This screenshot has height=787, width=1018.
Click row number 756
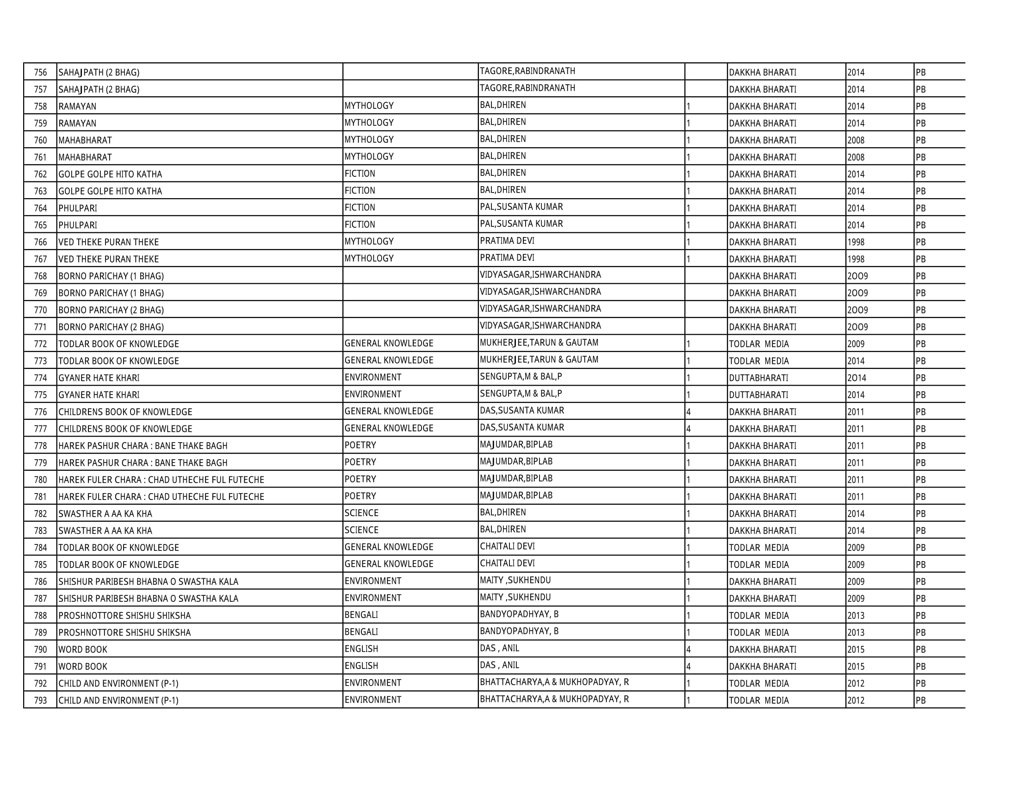coord(41,72)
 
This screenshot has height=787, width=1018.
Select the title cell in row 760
coord(85,140)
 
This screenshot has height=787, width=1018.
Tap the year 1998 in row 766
coord(856,242)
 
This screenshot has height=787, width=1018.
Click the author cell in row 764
coord(521,207)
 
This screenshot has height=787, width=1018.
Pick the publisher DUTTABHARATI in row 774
coord(758,378)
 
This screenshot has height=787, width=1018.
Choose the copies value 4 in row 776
coord(689,412)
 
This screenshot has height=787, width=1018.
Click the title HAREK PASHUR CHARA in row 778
coord(143,446)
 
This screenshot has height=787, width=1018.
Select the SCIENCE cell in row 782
coord(361,513)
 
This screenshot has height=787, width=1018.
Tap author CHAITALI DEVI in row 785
coord(507,563)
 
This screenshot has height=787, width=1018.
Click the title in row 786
coord(148,581)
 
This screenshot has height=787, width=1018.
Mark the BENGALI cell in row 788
coord(361,615)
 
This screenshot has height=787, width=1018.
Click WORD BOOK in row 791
coord(83,666)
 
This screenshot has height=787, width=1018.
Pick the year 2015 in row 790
coord(856,650)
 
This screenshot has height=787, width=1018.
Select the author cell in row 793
coord(554,699)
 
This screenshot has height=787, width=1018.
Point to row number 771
coord(41,327)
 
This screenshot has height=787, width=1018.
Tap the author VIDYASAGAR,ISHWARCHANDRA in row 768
coord(540,275)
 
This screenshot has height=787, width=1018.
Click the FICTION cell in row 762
coord(360,174)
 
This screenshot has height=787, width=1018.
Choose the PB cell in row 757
coord(920,89)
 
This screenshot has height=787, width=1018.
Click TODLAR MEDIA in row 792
coord(759,683)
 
